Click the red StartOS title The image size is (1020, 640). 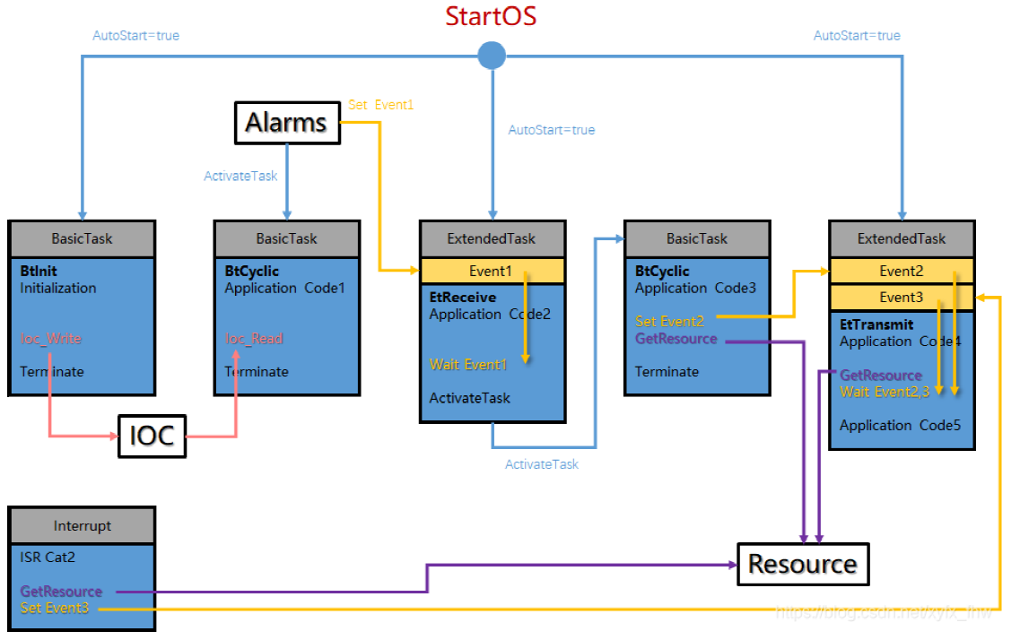(491, 16)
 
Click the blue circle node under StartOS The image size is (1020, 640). (491, 56)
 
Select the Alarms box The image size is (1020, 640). (287, 123)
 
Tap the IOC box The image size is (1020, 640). (152, 437)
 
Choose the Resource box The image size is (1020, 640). (802, 564)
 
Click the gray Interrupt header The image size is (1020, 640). (82, 526)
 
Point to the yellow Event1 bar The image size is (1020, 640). (492, 272)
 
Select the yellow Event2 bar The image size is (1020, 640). (901, 272)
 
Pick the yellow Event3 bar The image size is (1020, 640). (901, 298)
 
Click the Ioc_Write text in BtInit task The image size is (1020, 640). (50, 339)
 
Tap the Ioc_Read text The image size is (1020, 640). (254, 339)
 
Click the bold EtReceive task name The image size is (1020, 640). (462, 298)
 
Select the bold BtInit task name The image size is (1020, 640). (39, 271)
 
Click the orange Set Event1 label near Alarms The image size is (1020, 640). (380, 105)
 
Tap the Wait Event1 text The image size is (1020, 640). (468, 365)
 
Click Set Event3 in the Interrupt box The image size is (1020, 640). (55, 609)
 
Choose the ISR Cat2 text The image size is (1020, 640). (48, 558)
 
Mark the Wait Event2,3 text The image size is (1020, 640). (884, 392)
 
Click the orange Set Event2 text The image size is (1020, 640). (669, 321)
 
